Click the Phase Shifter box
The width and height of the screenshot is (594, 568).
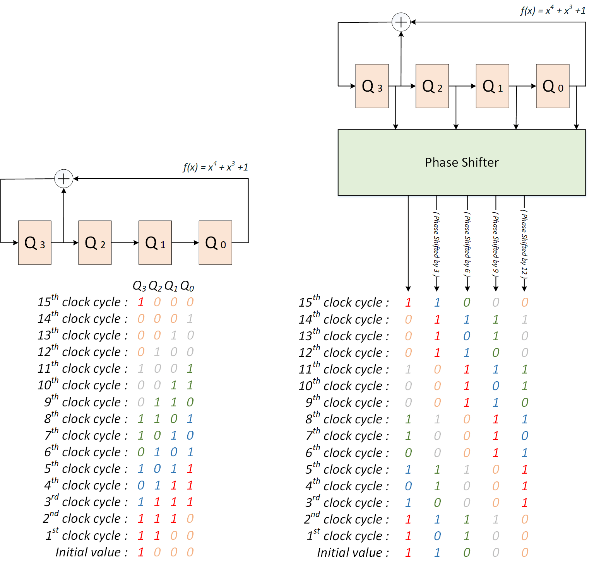point(461,162)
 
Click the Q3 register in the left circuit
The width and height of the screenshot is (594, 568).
point(35,243)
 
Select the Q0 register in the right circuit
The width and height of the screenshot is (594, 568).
point(552,86)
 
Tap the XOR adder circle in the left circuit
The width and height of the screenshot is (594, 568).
point(64,179)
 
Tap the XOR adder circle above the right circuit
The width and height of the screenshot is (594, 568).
point(401,22)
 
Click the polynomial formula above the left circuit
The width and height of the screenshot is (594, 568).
point(216,167)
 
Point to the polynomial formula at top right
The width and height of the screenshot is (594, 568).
point(553,10)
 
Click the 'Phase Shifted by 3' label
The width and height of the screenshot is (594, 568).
point(437,244)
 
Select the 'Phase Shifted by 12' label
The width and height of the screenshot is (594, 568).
point(524,244)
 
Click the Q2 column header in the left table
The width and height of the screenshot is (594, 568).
point(155,287)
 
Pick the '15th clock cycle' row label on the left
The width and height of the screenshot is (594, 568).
point(82,302)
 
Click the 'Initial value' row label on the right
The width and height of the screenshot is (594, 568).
point(353,553)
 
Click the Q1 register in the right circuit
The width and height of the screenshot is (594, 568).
point(492,86)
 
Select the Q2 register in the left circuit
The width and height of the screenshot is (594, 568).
point(95,243)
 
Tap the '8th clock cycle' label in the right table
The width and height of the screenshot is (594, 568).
point(347,419)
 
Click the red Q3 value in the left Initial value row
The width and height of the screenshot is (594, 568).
point(141,552)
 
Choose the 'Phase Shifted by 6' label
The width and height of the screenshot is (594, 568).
point(467,244)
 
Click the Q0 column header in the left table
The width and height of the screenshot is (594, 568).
point(187,287)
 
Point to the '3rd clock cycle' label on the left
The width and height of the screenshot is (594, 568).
point(86,502)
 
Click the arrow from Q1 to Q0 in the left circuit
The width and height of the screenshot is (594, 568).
point(185,243)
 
